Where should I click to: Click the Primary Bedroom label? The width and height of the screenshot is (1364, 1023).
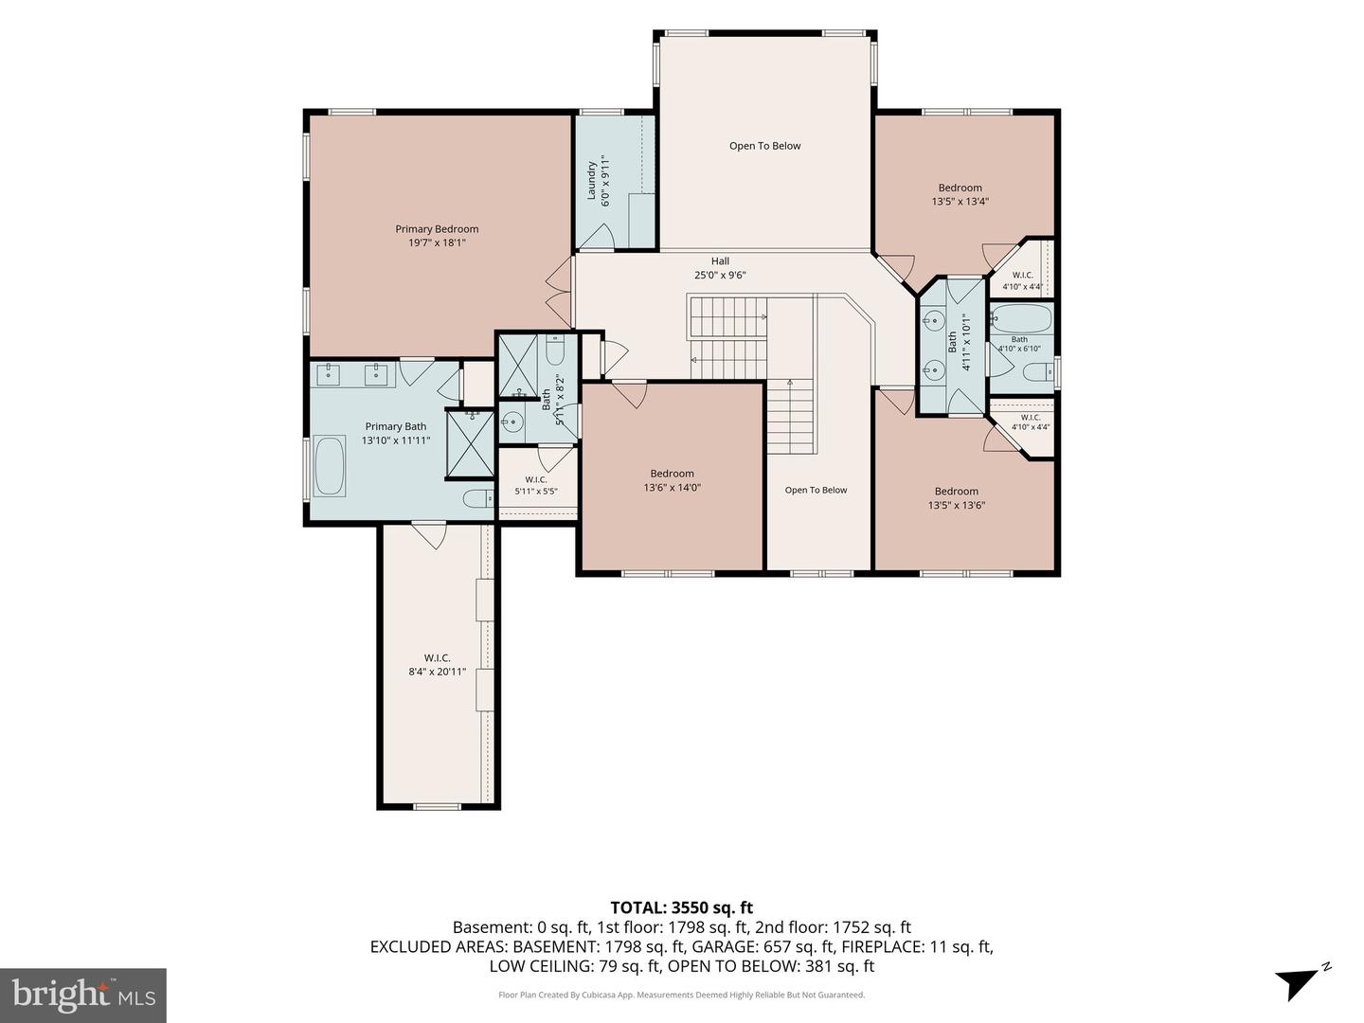click(x=437, y=236)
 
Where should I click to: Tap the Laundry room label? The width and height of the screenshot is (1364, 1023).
click(x=591, y=181)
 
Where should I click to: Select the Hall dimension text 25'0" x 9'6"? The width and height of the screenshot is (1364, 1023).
click(x=720, y=275)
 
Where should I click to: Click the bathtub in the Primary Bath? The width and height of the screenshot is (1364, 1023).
click(x=330, y=466)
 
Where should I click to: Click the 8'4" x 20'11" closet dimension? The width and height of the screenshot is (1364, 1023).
click(x=438, y=672)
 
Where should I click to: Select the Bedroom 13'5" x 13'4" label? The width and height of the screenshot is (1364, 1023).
click(x=960, y=194)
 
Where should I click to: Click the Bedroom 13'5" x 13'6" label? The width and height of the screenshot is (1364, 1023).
click(x=957, y=498)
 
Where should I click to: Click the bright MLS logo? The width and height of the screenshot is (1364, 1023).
click(x=83, y=996)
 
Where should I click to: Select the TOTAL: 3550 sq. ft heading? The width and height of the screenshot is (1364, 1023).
click(x=682, y=908)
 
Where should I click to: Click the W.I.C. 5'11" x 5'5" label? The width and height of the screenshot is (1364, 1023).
click(x=536, y=485)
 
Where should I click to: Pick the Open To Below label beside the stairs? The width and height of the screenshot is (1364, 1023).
click(x=816, y=490)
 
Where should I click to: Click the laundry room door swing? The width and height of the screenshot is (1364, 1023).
click(x=597, y=236)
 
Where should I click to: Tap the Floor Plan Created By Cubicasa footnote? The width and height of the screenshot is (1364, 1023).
click(x=682, y=995)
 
